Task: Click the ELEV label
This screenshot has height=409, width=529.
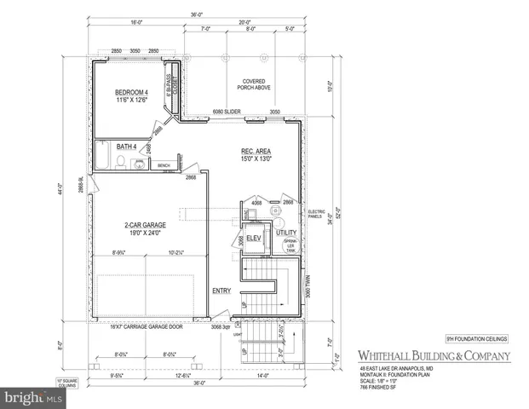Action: [x=254, y=238]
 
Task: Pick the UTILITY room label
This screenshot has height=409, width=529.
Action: [x=285, y=232]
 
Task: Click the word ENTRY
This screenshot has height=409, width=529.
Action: [x=221, y=291]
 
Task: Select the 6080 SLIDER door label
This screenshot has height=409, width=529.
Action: [x=226, y=111]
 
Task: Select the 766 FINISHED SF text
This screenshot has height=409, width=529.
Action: [x=375, y=388]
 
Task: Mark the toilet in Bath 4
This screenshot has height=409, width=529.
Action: [x=122, y=161]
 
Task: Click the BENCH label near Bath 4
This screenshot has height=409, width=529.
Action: [x=164, y=165]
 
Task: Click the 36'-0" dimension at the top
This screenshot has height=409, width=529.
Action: [x=196, y=14]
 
